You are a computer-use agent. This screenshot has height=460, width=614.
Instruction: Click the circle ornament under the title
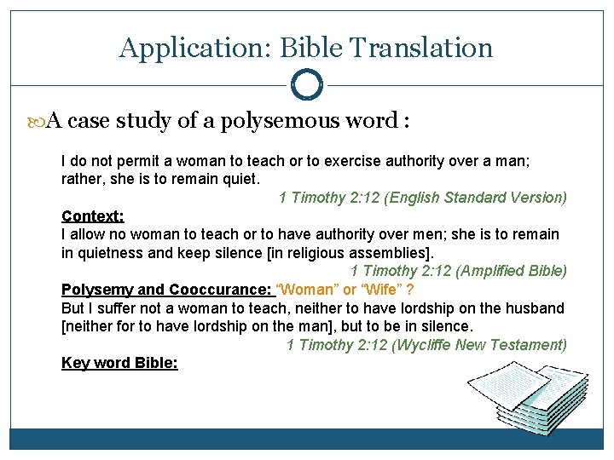307,85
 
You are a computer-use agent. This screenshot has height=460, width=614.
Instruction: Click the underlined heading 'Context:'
93,216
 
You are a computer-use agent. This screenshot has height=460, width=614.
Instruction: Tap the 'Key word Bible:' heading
119,363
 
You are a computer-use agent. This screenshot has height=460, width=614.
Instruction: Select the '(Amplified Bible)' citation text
512,272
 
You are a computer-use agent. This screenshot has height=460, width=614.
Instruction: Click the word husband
533,308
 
